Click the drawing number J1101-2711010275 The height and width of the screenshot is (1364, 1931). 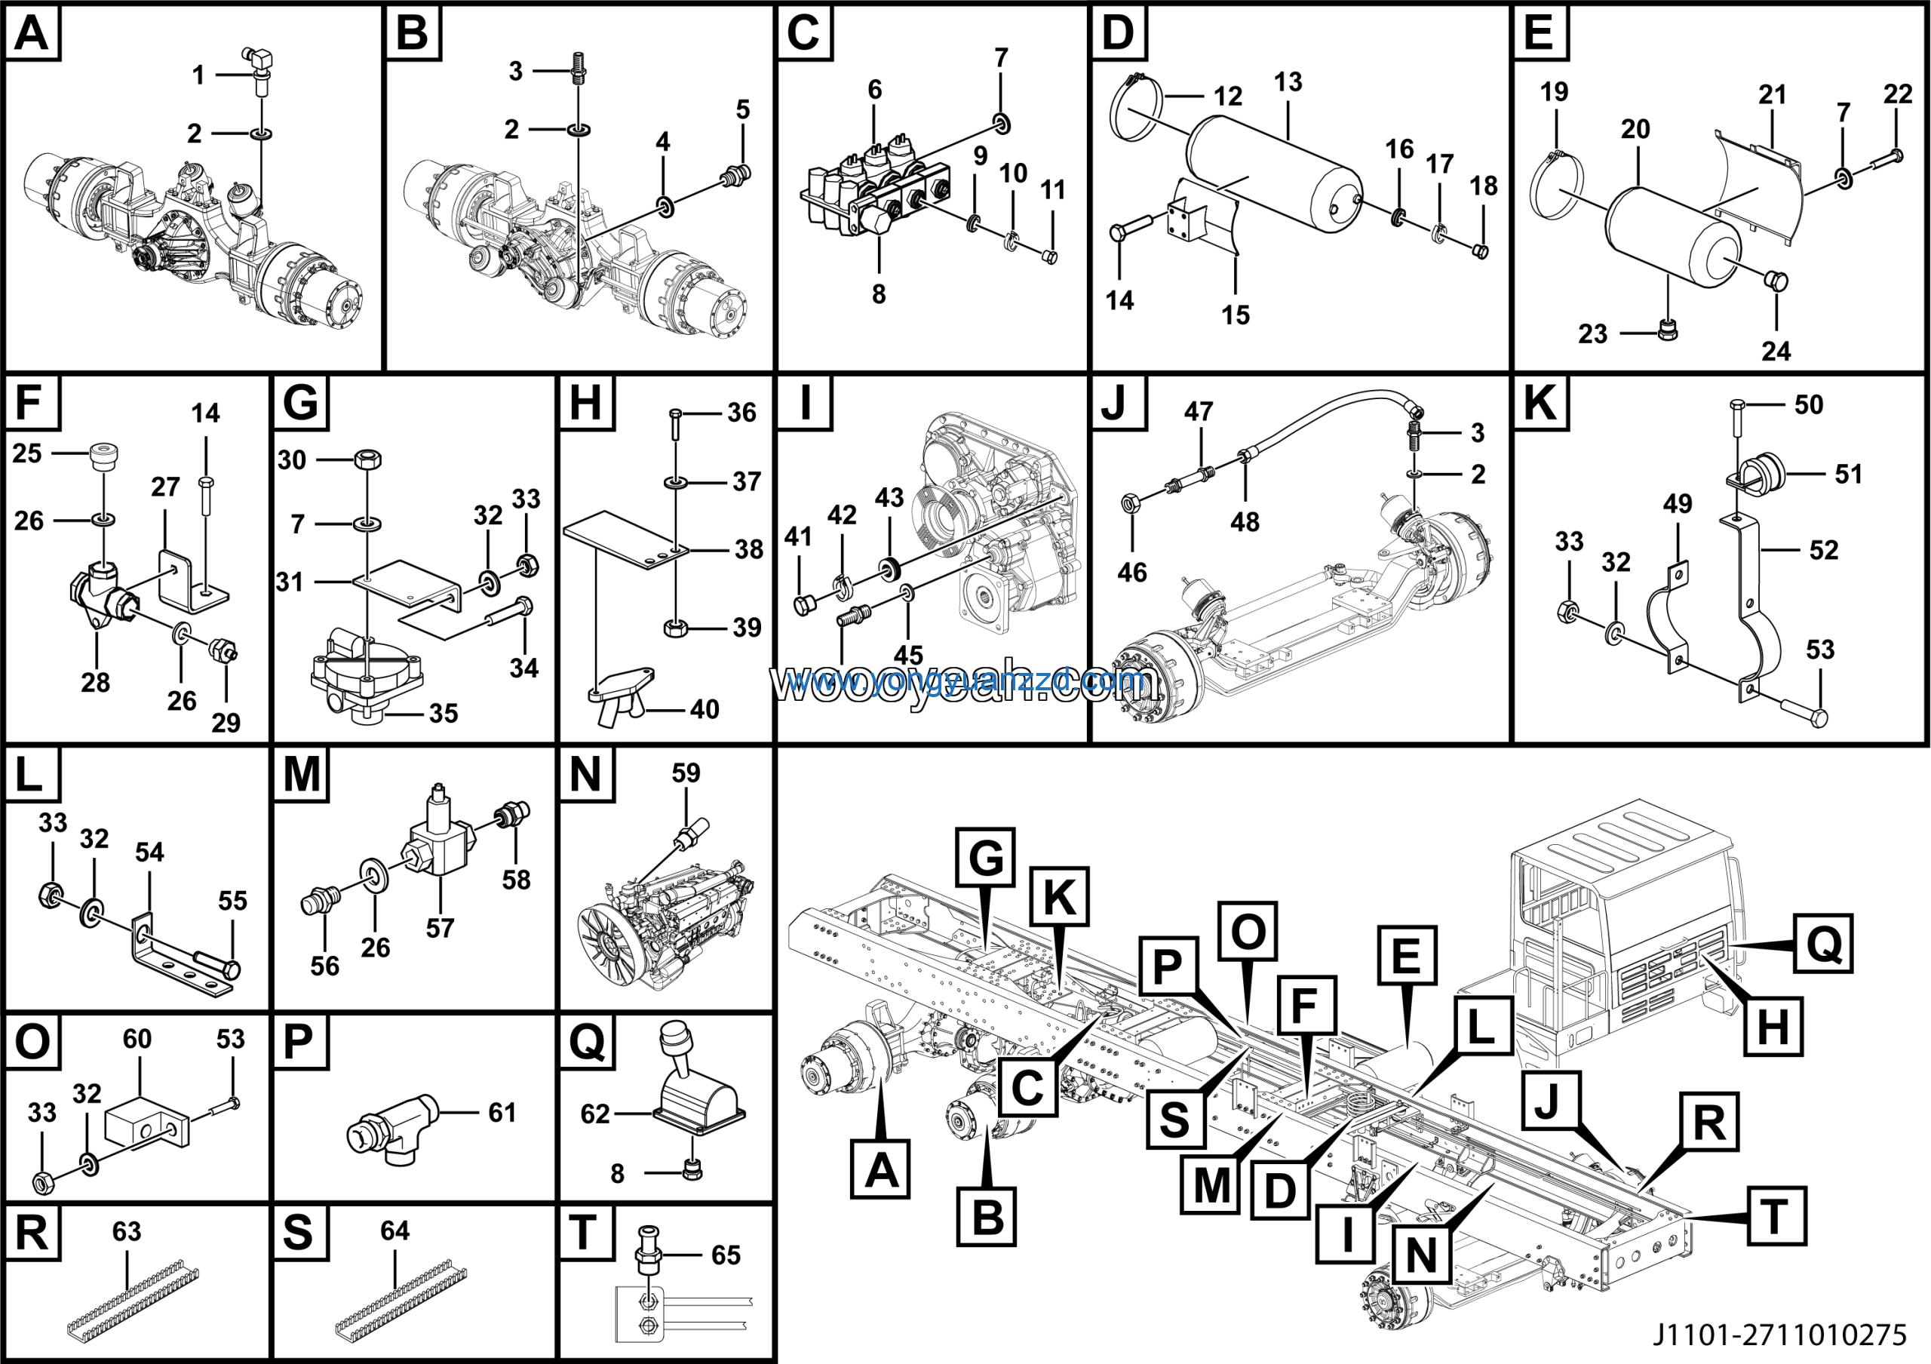[x=1779, y=1335]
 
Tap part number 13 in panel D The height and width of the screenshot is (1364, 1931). [x=1288, y=82]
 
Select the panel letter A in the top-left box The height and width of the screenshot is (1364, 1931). [x=32, y=34]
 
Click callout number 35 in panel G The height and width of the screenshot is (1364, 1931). [x=444, y=713]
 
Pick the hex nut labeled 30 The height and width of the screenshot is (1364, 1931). [x=367, y=459]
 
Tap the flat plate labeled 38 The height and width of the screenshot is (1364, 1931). [x=625, y=545]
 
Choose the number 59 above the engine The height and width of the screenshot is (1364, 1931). [x=686, y=773]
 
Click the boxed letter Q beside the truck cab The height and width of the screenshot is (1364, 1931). [x=1822, y=944]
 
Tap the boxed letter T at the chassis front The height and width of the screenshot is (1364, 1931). [x=1776, y=1216]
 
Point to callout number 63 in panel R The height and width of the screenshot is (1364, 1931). [x=127, y=1231]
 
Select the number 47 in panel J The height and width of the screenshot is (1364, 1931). [x=1199, y=411]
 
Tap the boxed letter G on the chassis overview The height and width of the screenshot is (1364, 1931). [x=985, y=858]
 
